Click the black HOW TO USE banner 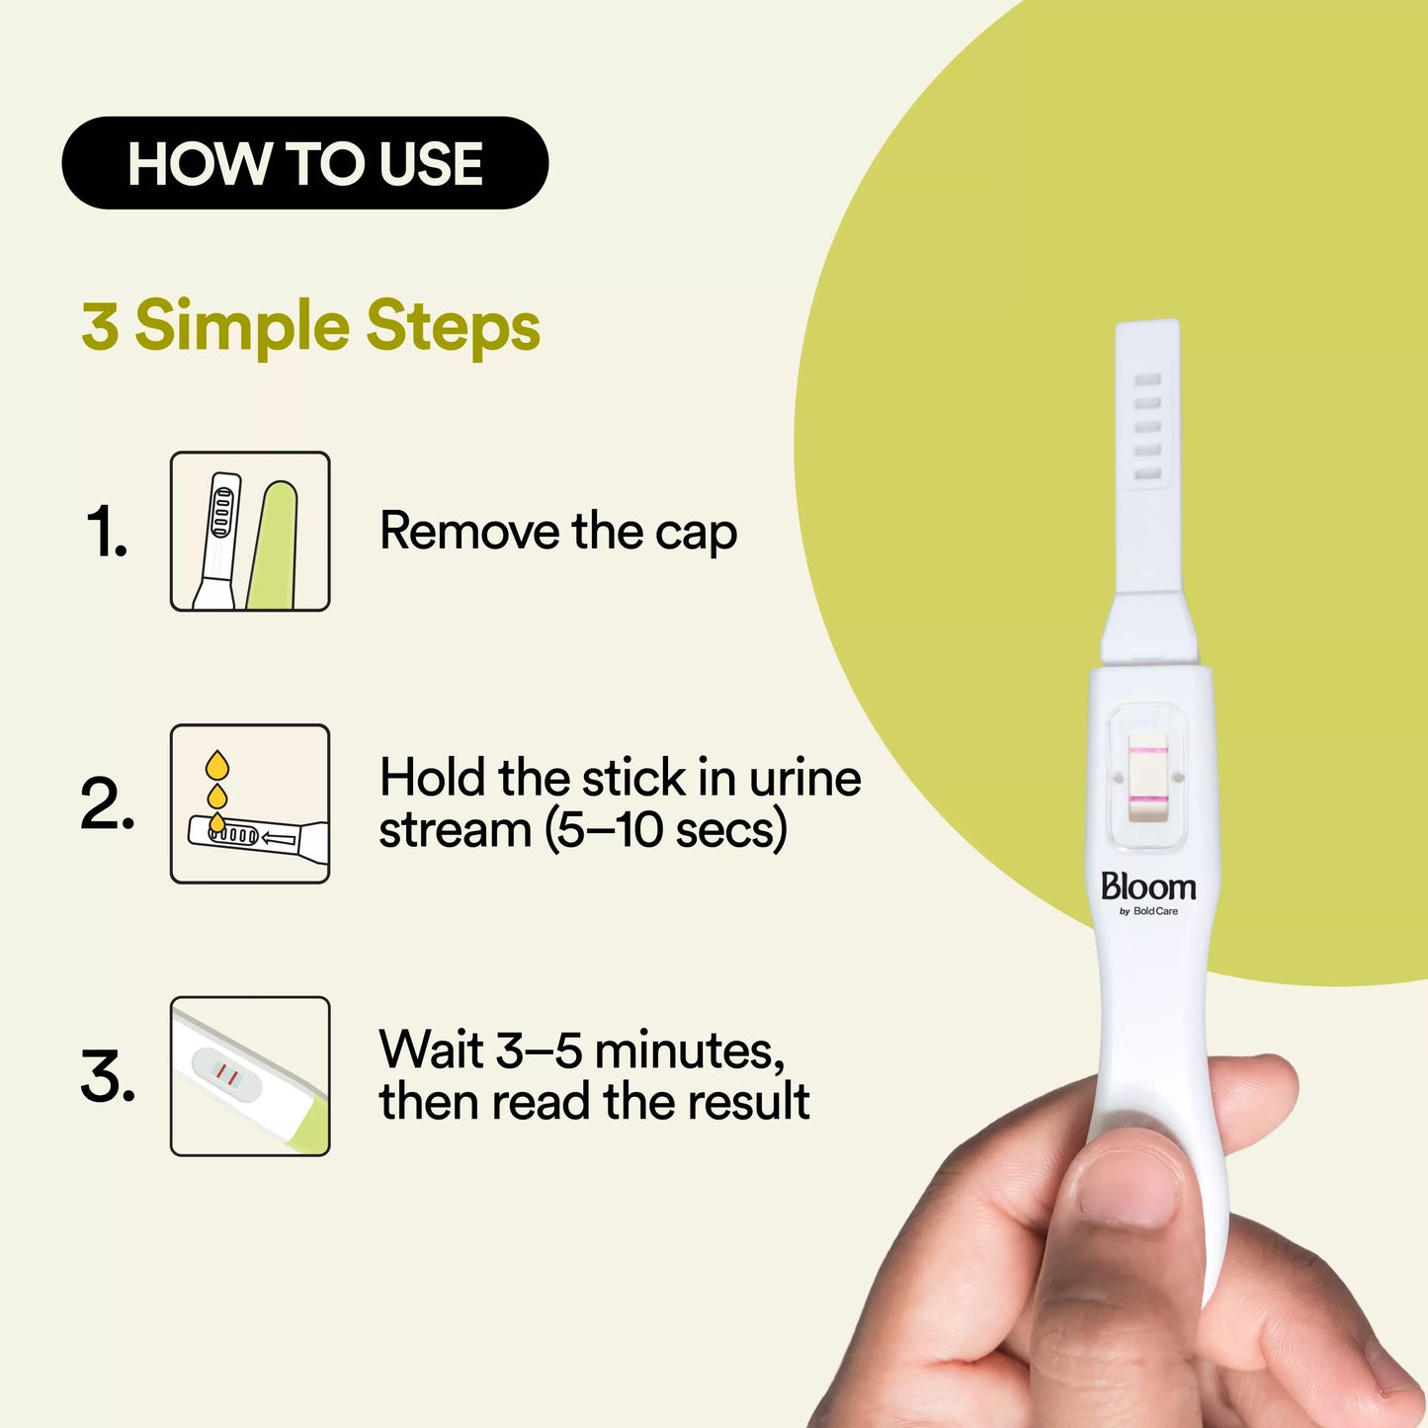click(304, 163)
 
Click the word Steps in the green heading click(453, 326)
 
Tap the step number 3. click(107, 1076)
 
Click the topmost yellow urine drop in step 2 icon click(216, 764)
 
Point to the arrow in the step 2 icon click(280, 839)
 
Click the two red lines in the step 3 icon click(226, 1074)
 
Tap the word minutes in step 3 click(689, 1050)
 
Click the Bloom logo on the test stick click(1148, 886)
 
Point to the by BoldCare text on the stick click(1148, 911)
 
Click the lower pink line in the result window click(1147, 799)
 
